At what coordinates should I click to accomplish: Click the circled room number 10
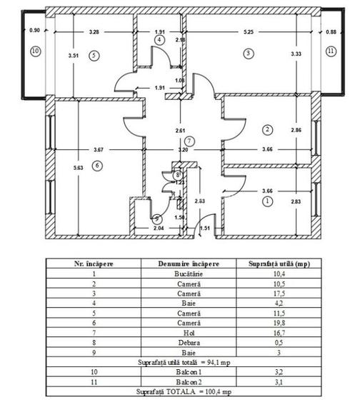(36, 52)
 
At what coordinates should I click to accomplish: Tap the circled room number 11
(330, 51)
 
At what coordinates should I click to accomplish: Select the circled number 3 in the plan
(247, 53)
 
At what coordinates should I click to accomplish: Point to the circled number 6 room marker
(98, 165)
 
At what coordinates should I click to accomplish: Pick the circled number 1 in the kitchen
(267, 202)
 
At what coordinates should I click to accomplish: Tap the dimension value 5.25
(248, 32)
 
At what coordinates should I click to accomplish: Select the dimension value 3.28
(94, 32)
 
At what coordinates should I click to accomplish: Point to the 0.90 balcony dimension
(34, 31)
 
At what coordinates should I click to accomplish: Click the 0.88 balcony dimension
(330, 31)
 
